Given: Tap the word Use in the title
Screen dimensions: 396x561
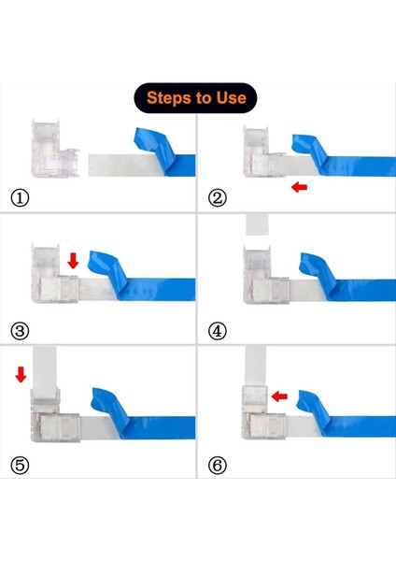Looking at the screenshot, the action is [232, 97].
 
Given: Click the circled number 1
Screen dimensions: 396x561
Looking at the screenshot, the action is [20, 198].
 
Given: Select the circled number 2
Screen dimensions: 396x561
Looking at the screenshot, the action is [218, 198].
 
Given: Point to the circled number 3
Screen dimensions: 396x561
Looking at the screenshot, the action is [20, 331].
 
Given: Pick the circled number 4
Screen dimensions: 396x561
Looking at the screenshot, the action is [218, 331].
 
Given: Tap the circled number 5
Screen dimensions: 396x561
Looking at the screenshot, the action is [20, 465].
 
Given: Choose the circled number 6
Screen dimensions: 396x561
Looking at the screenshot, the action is [218, 465].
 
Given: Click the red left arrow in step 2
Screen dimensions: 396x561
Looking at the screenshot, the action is [299, 187].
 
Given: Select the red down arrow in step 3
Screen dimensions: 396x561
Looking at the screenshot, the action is [73, 261].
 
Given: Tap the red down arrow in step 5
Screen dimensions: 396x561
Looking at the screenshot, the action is [21, 374].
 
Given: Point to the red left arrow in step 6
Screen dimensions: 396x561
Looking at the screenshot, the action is [279, 396].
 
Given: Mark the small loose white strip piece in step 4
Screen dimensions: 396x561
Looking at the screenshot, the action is [257, 224].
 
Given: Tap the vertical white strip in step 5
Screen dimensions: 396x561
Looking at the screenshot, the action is [44, 367].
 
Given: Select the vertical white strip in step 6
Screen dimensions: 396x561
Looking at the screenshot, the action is [255, 366].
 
